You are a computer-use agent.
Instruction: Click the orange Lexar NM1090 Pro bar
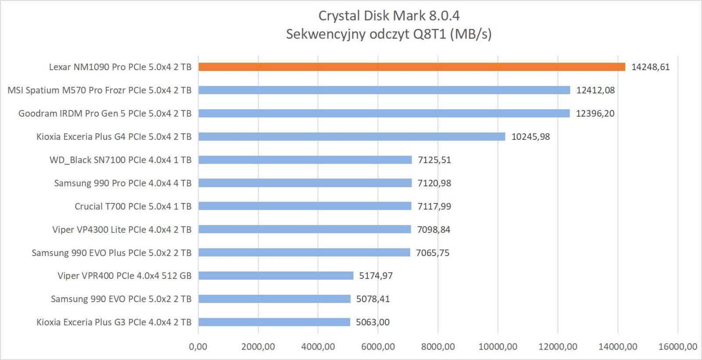[412, 67]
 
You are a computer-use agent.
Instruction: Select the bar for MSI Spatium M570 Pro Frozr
[384, 90]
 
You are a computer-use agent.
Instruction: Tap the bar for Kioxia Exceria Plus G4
[351, 137]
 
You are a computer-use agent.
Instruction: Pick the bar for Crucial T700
[305, 206]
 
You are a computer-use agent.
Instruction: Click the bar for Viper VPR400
[276, 276]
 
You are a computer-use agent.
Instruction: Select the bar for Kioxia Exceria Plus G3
[274, 322]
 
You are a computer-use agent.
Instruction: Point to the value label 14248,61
[650, 67]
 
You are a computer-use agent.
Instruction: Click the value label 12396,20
[595, 114]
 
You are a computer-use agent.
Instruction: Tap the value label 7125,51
[434, 160]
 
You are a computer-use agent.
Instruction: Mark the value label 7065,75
[433, 253]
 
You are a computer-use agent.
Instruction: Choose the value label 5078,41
[373, 299]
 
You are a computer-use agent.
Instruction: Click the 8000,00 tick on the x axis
[438, 346]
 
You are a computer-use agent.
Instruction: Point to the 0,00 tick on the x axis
[198, 346]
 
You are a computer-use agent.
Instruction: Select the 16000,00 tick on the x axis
[677, 346]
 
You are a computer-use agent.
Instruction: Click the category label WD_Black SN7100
[120, 160]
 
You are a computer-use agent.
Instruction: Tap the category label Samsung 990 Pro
[122, 183]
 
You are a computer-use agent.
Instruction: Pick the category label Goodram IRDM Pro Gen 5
[105, 114]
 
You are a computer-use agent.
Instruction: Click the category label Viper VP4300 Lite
[122, 230]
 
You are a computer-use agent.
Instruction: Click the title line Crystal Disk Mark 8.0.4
[389, 16]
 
